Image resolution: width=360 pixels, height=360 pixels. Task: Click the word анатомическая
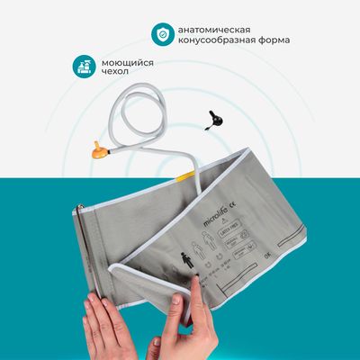click(x=217, y=27)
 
